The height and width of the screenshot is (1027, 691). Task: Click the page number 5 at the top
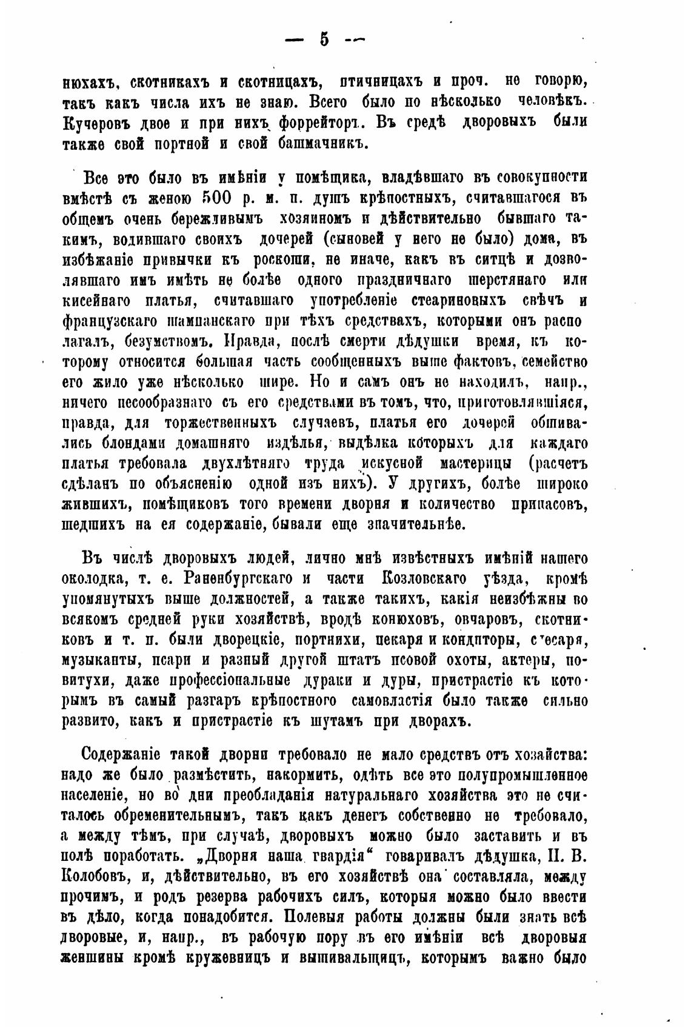pos(324,39)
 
